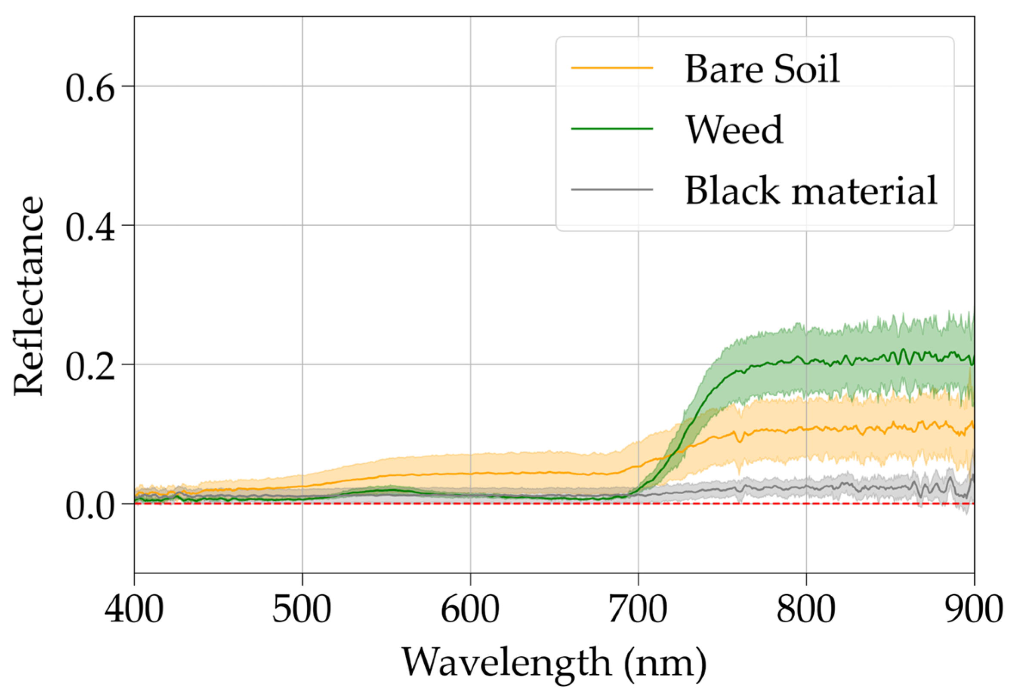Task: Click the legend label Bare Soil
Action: (x=762, y=69)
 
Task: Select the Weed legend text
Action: (x=734, y=129)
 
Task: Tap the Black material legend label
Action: (x=811, y=190)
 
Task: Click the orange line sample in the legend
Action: (x=612, y=68)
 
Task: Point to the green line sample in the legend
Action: (x=612, y=129)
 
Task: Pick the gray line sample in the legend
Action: (x=612, y=190)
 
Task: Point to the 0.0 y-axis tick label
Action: (x=90, y=506)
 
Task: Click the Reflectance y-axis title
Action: (x=29, y=296)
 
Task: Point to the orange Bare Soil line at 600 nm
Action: (x=470, y=474)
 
